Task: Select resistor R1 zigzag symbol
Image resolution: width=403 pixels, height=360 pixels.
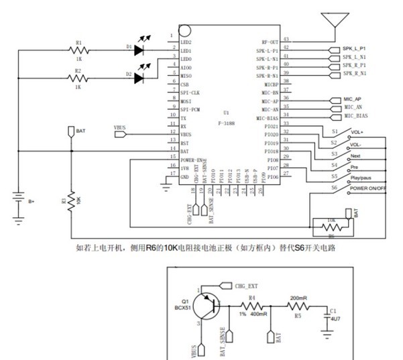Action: [x=80, y=49]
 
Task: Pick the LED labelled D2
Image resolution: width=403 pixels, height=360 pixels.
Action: [x=140, y=78]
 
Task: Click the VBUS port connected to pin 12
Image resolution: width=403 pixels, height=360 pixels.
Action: [x=120, y=134]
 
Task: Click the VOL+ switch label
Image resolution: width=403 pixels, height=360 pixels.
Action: [x=357, y=133]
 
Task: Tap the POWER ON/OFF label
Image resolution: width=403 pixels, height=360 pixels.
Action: [x=367, y=189]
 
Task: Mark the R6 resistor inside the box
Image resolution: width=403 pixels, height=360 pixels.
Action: [x=331, y=227]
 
